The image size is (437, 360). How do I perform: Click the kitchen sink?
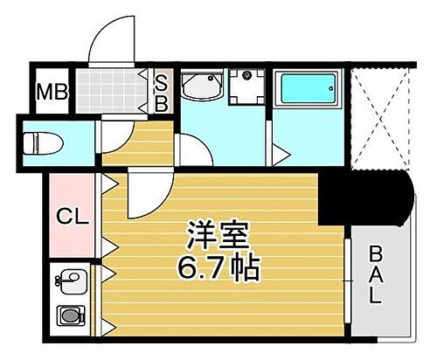pos(70,282)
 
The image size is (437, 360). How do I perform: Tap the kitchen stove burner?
pos(68,315)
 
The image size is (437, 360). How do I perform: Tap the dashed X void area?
pos(379,118)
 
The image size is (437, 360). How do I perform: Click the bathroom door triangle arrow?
pos(281,155)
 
